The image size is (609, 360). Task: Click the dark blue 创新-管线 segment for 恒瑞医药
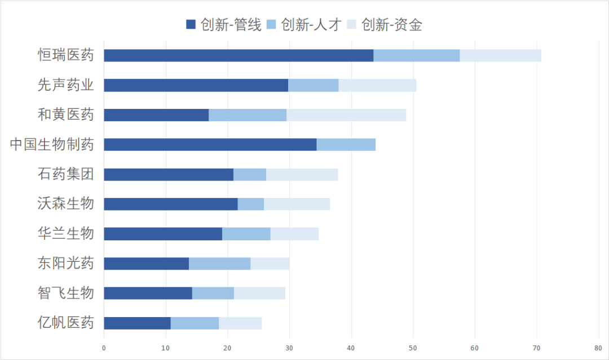(239, 55)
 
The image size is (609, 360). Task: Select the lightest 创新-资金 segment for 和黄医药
(346, 115)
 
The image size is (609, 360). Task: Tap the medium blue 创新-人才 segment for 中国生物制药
(346, 144)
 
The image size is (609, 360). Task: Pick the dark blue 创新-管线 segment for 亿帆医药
(137, 323)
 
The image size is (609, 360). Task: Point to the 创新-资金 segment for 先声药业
(377, 85)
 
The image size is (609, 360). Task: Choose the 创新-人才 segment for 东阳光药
(219, 264)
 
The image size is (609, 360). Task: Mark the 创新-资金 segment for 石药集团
(302, 174)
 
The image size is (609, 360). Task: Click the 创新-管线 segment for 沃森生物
(170, 204)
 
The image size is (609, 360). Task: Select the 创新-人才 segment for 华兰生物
(246, 234)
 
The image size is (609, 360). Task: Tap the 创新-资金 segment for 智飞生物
(259, 293)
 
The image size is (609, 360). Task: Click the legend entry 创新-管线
(224, 24)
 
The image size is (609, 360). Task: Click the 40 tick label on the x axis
(351, 348)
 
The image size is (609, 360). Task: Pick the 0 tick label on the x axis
(104, 348)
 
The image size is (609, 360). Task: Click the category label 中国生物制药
(52, 144)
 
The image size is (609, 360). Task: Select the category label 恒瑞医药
(65, 55)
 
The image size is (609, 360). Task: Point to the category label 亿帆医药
(65, 323)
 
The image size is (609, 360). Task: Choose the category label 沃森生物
(65, 204)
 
